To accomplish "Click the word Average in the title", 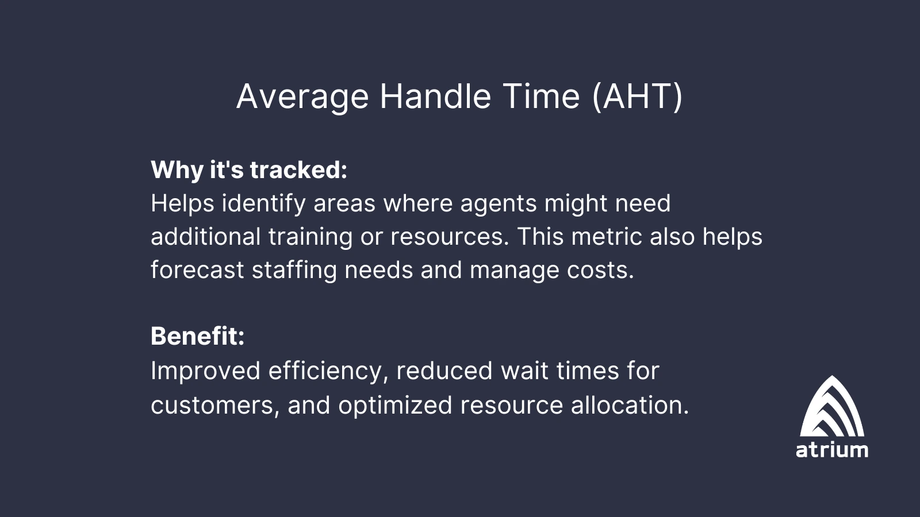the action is (x=302, y=97).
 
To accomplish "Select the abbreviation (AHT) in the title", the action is (x=638, y=97).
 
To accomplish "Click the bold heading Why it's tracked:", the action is (x=249, y=169).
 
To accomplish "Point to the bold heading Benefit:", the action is (x=198, y=336).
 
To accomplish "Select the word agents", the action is (x=498, y=205).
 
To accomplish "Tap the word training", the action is (x=310, y=237).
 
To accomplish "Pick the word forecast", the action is (x=197, y=270).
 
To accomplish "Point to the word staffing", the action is (x=294, y=271).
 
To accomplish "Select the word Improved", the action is (x=205, y=372).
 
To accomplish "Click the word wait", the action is (x=524, y=371).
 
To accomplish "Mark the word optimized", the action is (x=395, y=406).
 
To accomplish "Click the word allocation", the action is (x=630, y=405).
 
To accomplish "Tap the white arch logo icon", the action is (x=832, y=406).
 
